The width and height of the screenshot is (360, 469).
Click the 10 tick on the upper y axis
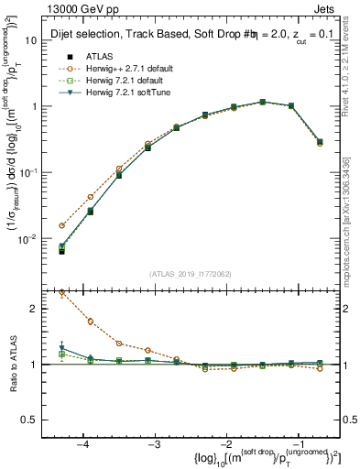coord(40,40)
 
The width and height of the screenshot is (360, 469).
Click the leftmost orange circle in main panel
coord(62,225)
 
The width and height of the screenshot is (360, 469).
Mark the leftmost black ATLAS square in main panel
coord(62,250)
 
